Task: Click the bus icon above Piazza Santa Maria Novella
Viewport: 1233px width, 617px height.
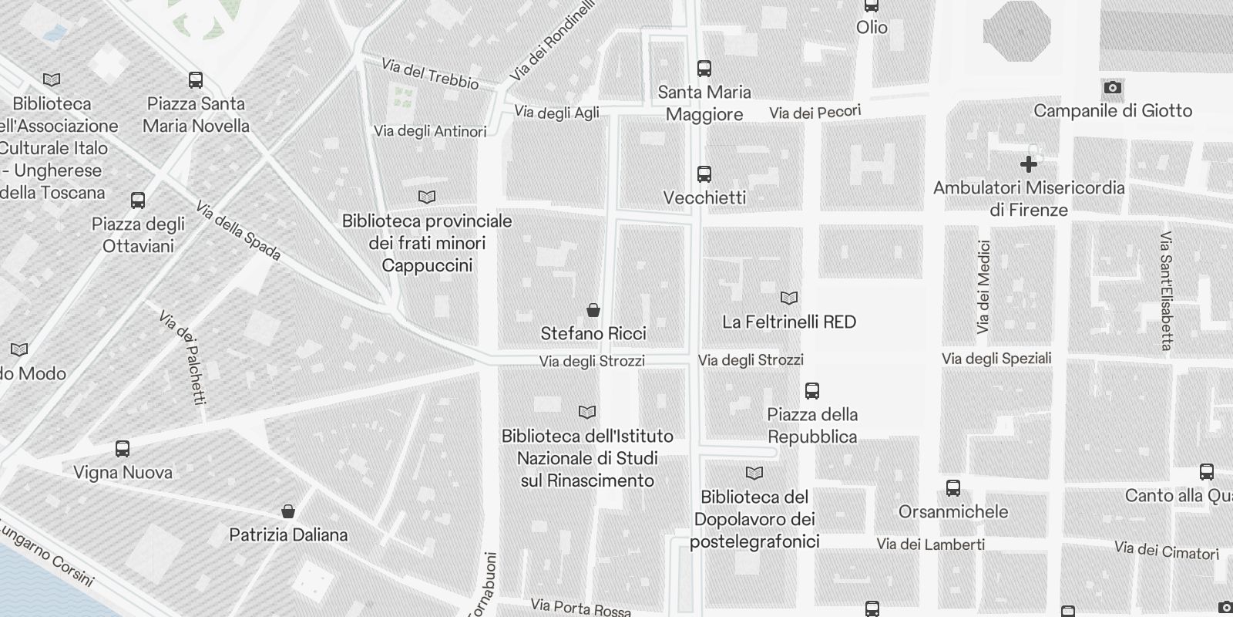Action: (196, 80)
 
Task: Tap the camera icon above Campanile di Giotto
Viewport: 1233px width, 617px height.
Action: (1112, 88)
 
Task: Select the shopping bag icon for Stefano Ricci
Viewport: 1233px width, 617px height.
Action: (593, 310)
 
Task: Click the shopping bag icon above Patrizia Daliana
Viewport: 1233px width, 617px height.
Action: (288, 511)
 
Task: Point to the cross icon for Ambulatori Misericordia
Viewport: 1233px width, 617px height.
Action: (1028, 164)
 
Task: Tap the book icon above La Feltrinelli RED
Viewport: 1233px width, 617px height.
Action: (789, 298)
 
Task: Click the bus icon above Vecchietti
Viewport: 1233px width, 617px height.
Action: (704, 174)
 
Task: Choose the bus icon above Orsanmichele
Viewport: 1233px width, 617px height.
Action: (953, 488)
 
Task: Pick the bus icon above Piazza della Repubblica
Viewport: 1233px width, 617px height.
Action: (812, 391)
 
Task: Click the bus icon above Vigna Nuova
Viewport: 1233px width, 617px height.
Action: (123, 449)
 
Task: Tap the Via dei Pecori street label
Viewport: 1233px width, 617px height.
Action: (815, 113)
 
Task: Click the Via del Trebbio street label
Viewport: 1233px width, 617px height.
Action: (430, 73)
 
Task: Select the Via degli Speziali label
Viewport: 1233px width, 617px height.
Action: (996, 359)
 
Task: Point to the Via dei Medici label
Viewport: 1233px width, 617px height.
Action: (983, 287)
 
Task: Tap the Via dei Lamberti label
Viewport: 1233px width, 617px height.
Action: (930, 545)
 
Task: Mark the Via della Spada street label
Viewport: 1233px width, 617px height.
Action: (238, 231)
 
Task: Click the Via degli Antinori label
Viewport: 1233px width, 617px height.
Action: (430, 131)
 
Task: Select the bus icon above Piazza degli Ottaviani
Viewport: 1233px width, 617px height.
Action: (138, 201)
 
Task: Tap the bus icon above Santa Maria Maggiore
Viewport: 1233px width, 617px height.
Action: (704, 69)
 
